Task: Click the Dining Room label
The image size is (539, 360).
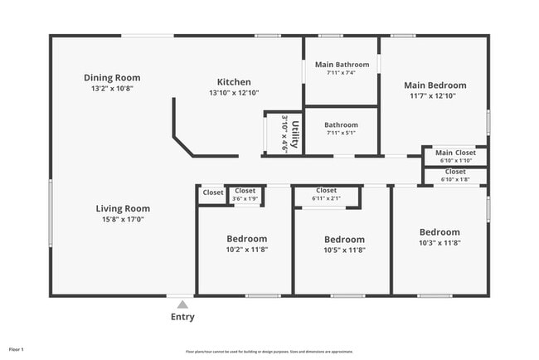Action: (x=112, y=77)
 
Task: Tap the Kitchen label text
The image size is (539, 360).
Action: (x=234, y=82)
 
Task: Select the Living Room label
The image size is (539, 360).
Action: (x=123, y=209)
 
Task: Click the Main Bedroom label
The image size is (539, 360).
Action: (x=435, y=85)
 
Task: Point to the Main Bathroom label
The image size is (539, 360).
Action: (x=342, y=65)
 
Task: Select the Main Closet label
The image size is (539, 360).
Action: (x=455, y=153)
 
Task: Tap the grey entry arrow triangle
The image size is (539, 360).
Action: (x=182, y=304)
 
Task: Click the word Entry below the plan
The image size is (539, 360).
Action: (x=182, y=317)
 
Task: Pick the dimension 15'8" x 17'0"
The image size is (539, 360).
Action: (x=123, y=220)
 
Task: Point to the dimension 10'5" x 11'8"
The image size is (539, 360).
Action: (x=343, y=250)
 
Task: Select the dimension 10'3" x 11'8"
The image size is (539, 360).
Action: (x=439, y=242)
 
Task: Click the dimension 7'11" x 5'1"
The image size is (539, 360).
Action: (x=341, y=133)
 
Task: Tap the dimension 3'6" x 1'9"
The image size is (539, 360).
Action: (x=245, y=198)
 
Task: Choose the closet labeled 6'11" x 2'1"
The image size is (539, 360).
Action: (x=326, y=194)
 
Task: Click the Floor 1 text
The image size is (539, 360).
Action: (x=17, y=350)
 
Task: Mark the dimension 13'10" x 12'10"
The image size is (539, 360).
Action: (x=234, y=93)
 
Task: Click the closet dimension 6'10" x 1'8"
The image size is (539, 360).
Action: (x=455, y=178)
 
